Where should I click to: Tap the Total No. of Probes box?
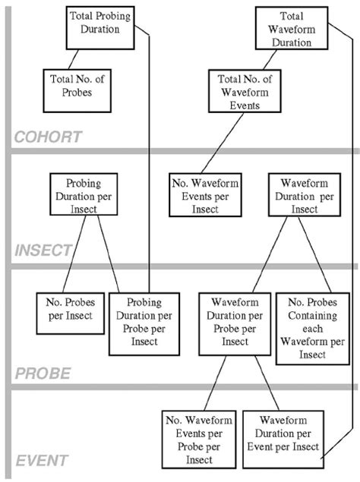[72, 86]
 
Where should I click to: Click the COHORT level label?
[47, 137]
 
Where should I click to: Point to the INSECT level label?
[43, 250]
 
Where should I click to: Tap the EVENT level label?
[40, 460]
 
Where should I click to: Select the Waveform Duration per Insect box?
[298, 195]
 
